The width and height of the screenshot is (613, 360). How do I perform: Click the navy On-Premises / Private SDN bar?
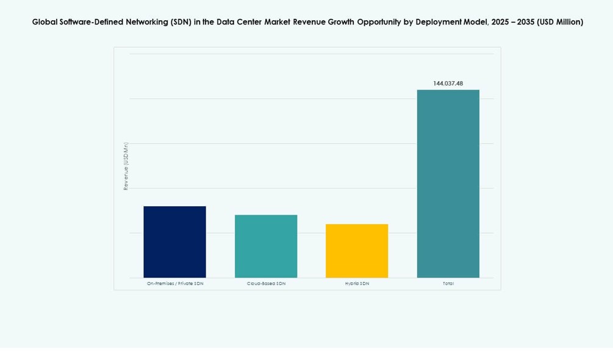click(174, 242)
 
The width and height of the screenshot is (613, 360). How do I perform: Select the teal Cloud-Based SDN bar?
click(266, 246)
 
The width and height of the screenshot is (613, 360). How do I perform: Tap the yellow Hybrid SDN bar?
click(357, 251)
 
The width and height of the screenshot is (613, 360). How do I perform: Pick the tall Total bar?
click(448, 184)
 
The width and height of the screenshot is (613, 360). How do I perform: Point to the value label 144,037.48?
click(448, 84)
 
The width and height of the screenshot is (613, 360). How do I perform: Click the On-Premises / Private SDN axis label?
click(175, 284)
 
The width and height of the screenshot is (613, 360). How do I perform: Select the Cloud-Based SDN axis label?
click(266, 284)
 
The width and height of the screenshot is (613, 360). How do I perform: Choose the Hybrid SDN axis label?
click(357, 284)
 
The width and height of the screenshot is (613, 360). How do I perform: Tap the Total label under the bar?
click(448, 284)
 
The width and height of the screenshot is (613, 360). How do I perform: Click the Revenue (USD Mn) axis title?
click(126, 166)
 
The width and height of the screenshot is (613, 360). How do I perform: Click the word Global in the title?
click(44, 22)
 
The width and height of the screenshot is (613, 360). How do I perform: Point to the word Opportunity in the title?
click(378, 22)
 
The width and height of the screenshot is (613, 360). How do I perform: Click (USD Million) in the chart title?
click(560, 22)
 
